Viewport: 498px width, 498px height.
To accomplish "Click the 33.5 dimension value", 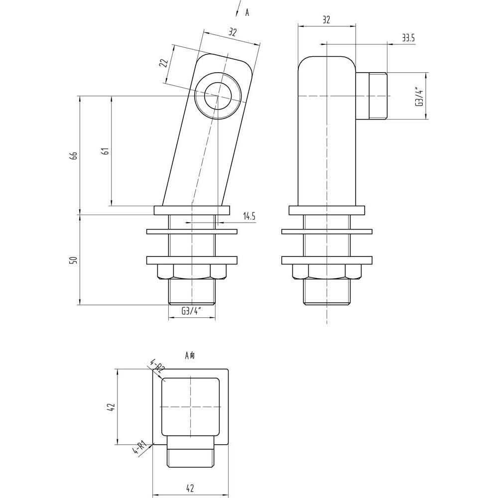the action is point(408,38).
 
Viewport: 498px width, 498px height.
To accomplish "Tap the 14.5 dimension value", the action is point(249,217).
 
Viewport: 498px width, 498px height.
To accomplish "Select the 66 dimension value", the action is point(74,155).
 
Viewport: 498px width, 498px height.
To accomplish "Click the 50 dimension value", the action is point(74,260).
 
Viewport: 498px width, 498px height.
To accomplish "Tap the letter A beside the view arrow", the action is point(247,13).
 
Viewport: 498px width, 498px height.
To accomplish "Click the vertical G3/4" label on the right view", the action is point(420,97).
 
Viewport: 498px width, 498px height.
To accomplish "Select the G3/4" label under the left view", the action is point(192,311).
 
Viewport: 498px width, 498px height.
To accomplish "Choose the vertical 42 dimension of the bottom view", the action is point(111,407).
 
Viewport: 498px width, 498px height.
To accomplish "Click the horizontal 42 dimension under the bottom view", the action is point(190,488).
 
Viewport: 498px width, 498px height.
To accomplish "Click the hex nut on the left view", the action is point(192,272).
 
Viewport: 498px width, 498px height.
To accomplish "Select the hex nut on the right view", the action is point(327,272).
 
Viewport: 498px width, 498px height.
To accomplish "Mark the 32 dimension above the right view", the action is point(327,20).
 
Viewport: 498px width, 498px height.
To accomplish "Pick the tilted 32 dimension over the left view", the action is point(233,32).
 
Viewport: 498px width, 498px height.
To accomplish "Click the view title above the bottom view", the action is point(190,355).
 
